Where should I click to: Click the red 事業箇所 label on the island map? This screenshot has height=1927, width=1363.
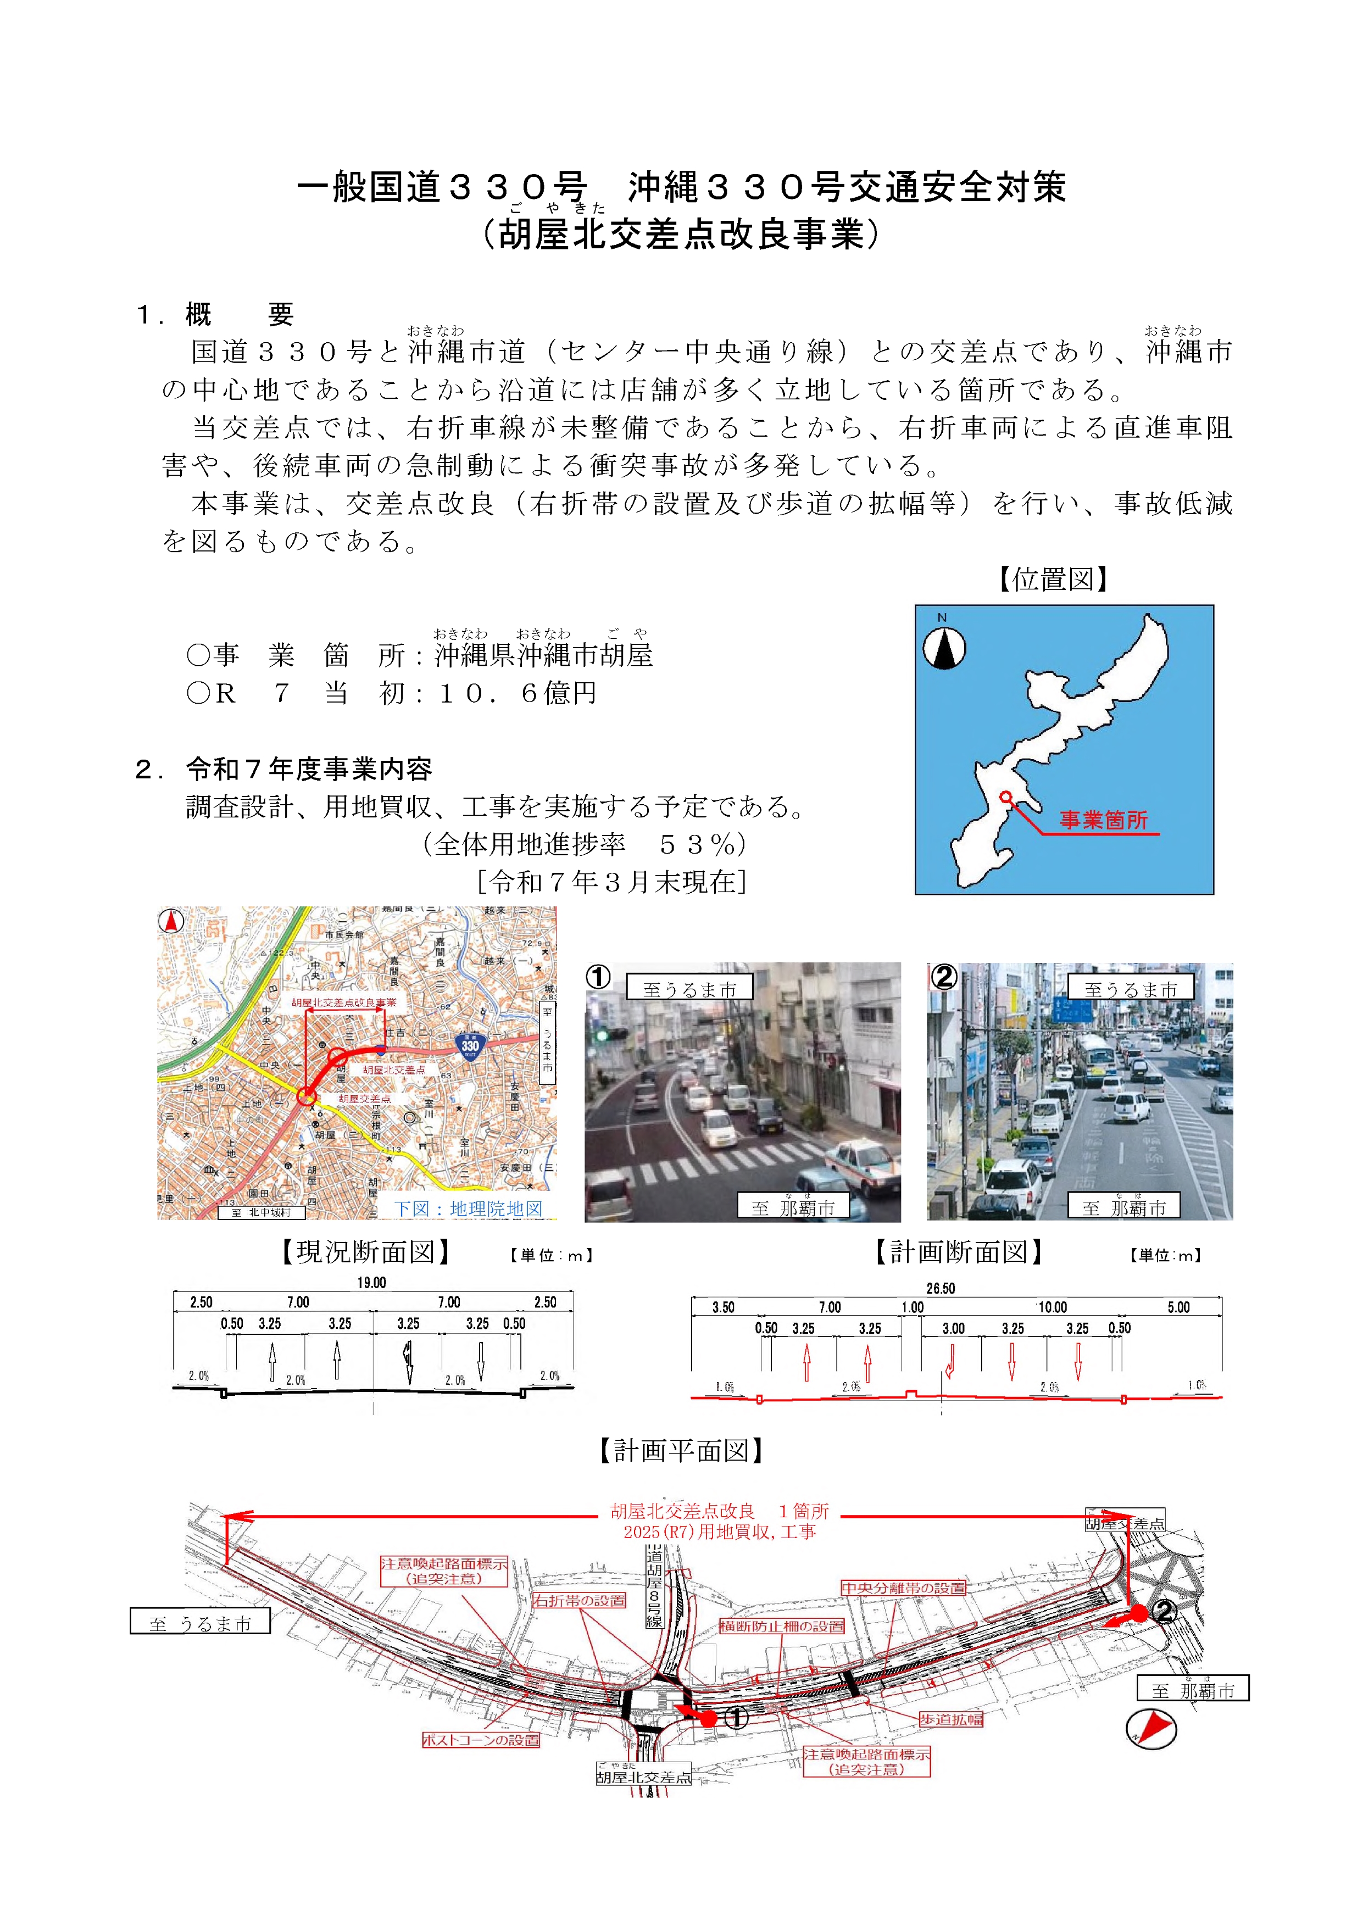pos(1103,820)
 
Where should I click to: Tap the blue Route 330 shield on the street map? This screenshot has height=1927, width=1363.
pos(470,1045)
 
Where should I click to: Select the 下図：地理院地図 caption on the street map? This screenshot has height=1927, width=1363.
pos(468,1208)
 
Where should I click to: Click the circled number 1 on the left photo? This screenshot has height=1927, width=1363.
pos(598,977)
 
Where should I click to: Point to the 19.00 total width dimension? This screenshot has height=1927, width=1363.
pos(372,1283)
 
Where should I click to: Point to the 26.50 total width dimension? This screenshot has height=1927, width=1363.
pos(941,1288)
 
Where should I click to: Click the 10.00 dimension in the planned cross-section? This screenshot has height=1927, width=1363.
pos(1053,1307)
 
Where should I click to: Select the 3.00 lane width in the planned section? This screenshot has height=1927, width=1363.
pos(953,1329)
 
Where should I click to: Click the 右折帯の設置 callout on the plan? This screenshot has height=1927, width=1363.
pos(579,1601)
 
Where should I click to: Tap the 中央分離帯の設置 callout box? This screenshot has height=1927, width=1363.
pos(903,1588)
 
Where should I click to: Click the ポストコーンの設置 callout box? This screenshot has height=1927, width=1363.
pos(480,1740)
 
